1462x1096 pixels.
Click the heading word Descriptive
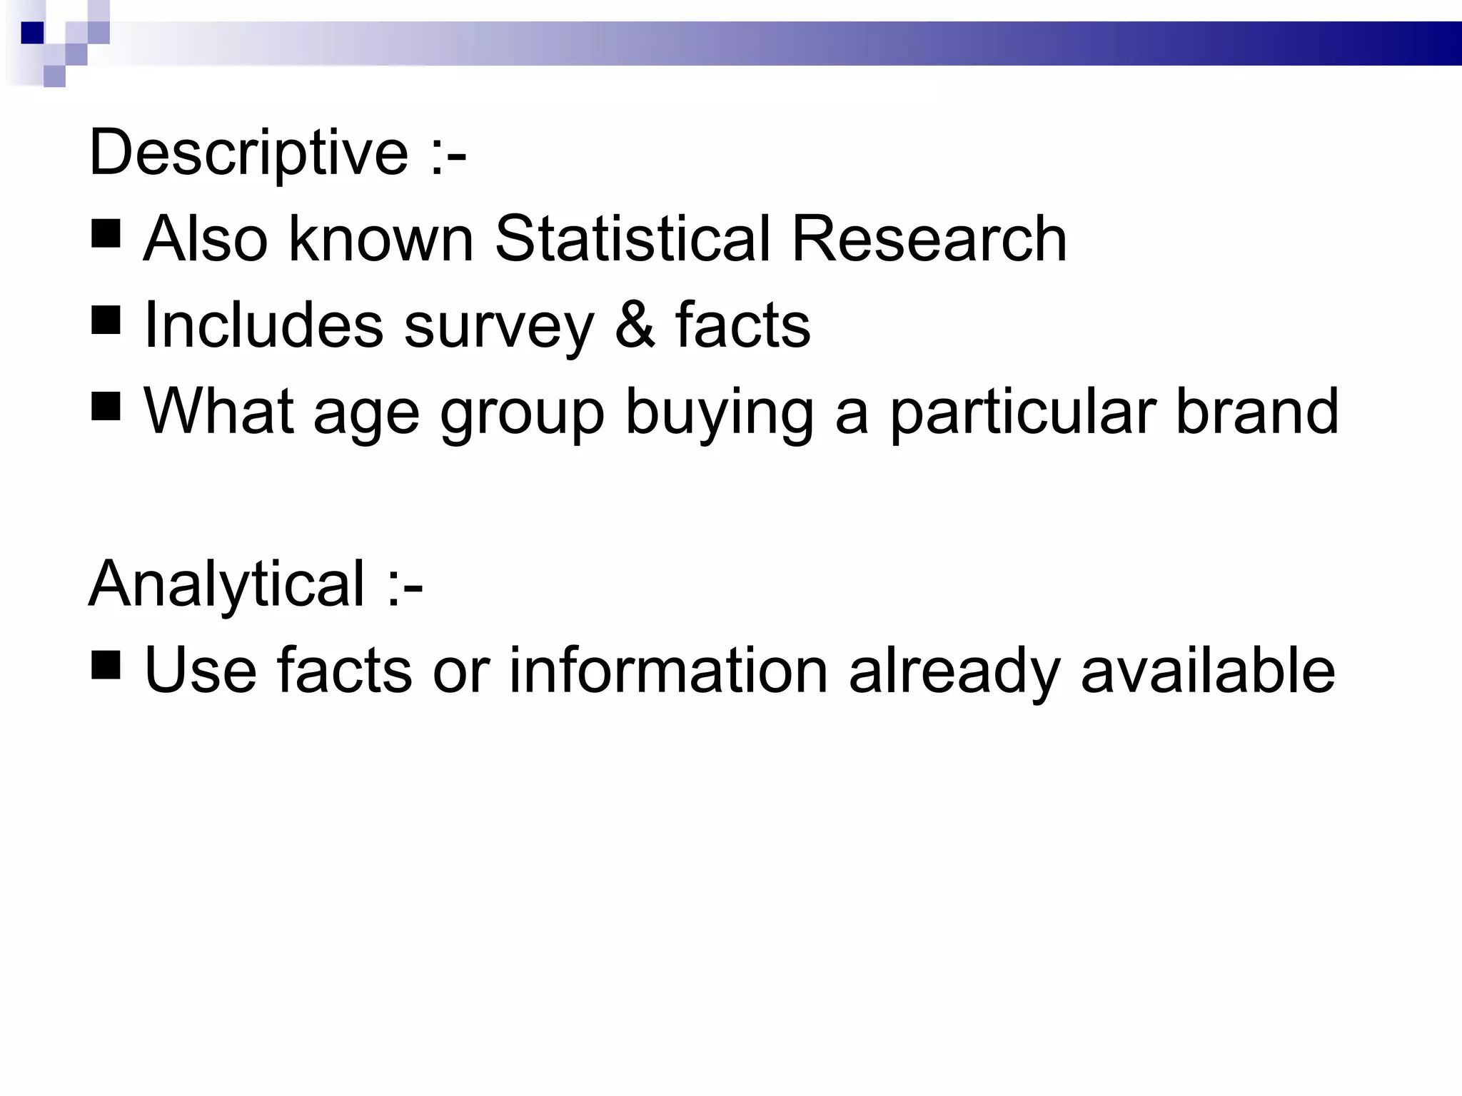pyautogui.click(x=248, y=153)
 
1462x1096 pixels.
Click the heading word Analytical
pyautogui.click(x=227, y=584)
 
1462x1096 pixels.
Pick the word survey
pyautogui.click(x=499, y=328)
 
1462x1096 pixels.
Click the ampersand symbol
pyautogui.click(x=635, y=325)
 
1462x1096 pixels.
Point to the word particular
pyautogui.click(x=1023, y=414)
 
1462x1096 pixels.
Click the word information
pyautogui.click(x=668, y=671)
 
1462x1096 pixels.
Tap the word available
pyautogui.click(x=1208, y=671)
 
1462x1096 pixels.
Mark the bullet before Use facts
pyautogui.click(x=106, y=665)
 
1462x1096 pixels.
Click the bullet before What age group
pyautogui.click(x=106, y=407)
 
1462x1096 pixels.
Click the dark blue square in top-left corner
pyautogui.click(x=33, y=33)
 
